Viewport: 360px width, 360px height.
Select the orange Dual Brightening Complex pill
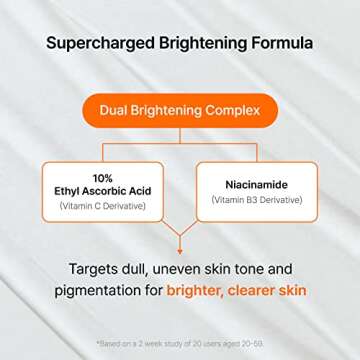[x=180, y=110]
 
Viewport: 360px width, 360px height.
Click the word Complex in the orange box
[x=236, y=110]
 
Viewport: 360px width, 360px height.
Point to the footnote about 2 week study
[x=180, y=343]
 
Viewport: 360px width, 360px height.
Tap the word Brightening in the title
[x=205, y=44]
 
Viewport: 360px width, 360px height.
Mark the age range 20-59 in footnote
[x=253, y=343]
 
